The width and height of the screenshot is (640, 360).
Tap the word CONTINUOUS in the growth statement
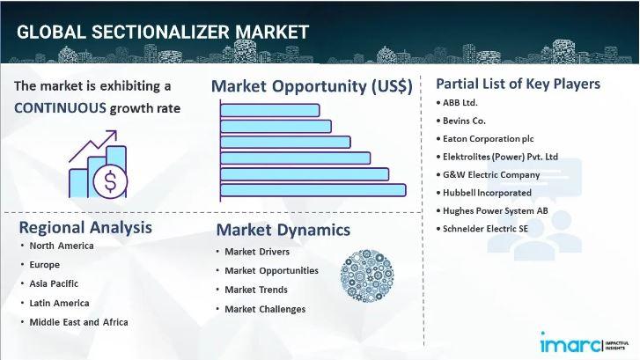(60, 108)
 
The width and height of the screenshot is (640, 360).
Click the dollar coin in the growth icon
(110, 181)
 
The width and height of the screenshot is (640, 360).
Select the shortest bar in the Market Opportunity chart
(269, 110)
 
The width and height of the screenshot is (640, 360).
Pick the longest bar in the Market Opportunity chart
(313, 190)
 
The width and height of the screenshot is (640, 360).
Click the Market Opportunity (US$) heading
(312, 86)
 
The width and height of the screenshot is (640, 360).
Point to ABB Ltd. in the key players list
(460, 103)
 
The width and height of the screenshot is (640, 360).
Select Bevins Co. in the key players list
(464, 121)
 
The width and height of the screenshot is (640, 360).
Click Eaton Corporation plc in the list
(489, 139)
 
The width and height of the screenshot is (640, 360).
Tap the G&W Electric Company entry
(491, 174)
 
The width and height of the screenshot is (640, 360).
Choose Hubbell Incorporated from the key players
(487, 193)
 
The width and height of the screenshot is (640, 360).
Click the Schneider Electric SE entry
(485, 229)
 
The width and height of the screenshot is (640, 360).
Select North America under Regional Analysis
(62, 246)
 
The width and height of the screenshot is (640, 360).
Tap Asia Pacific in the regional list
(54, 283)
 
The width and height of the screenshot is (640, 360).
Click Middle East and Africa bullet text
(78, 322)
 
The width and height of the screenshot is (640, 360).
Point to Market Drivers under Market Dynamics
(257, 252)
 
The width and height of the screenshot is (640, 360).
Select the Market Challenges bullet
(265, 309)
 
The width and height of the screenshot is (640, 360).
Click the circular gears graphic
(367, 276)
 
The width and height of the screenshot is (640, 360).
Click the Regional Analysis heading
(85, 227)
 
